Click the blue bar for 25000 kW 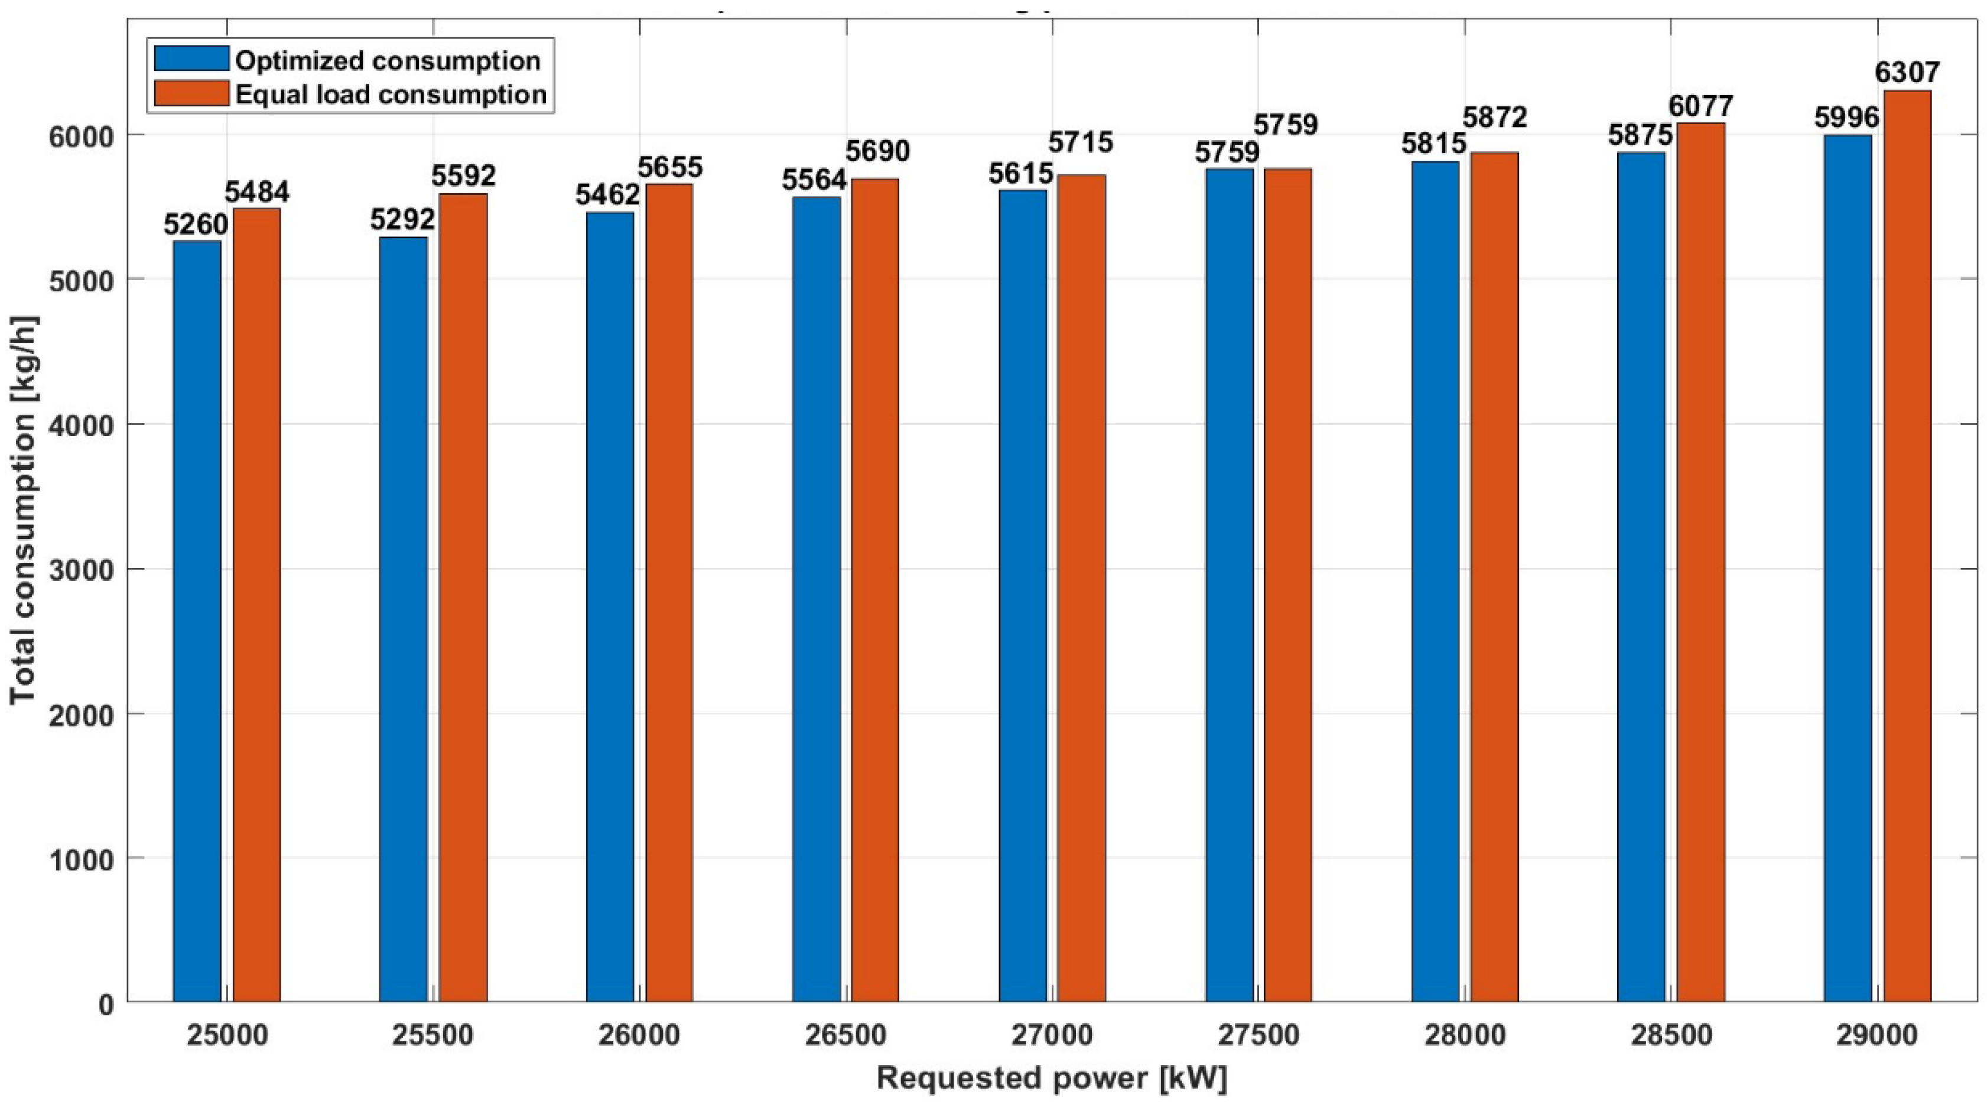point(197,621)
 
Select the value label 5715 point(1080,142)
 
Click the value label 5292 point(402,220)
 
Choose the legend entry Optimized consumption point(386,60)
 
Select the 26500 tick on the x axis point(846,1034)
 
